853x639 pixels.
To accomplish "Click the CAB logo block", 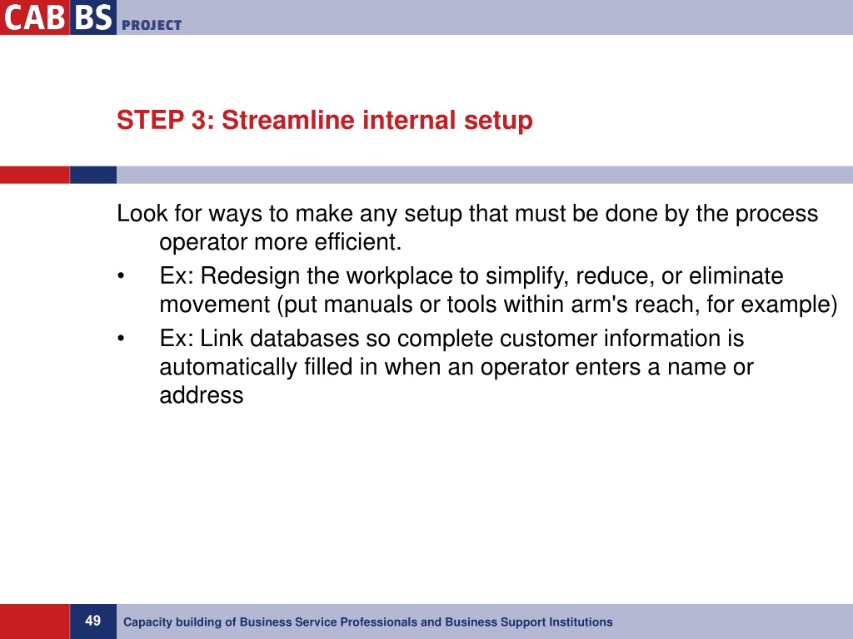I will (x=33, y=17).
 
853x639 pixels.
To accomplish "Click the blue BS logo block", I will (x=92, y=17).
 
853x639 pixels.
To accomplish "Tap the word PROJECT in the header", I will (x=152, y=25).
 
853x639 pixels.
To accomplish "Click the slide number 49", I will (x=92, y=621).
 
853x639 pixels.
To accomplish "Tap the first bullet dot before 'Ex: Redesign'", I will (x=122, y=276).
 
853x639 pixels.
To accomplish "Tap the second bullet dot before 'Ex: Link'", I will (x=122, y=339).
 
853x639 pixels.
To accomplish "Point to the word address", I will (x=201, y=395).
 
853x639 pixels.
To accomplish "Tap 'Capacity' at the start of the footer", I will (x=147, y=622).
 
